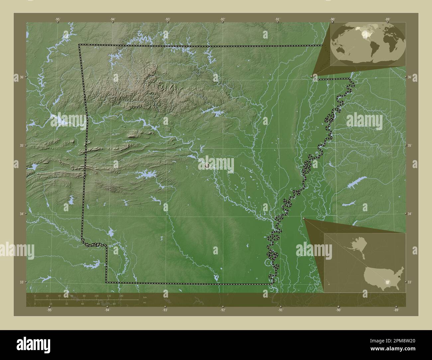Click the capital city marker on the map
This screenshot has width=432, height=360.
pyautogui.click(x=207, y=165)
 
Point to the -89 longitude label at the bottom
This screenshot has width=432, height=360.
pyautogui.click(x=396, y=310)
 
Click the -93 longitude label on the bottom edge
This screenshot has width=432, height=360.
pyautogui.click(x=165, y=310)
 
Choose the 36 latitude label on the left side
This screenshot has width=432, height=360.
pyautogui.click(x=21, y=77)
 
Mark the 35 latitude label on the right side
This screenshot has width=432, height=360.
pyautogui.click(x=410, y=145)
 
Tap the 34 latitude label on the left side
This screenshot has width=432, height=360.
pyautogui.click(x=21, y=214)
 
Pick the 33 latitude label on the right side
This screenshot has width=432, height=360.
pyautogui.click(x=410, y=282)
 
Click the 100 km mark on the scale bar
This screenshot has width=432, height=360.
pyautogui.click(x=96, y=296)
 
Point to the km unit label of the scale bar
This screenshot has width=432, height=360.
pyautogui.click(x=145, y=297)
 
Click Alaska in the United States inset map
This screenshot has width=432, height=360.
pyautogui.click(x=354, y=247)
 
